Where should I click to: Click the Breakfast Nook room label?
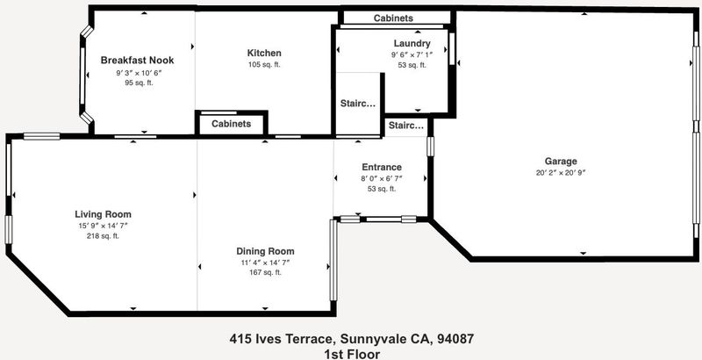137,60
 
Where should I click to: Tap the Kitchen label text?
264,53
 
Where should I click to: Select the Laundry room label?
412,43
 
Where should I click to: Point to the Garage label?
561,162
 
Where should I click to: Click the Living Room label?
103,214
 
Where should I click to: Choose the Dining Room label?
266,251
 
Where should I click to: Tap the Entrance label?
382,167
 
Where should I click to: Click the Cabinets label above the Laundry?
393,18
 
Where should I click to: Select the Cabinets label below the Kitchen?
232,124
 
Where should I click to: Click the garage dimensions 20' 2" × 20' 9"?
561,173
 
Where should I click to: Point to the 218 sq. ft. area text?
103,236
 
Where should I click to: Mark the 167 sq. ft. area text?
266,272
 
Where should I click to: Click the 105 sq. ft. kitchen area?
264,64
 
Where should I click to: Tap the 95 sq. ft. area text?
140,83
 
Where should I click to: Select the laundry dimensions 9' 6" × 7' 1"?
412,54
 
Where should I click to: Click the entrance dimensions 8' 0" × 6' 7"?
382,178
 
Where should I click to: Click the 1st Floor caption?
352,355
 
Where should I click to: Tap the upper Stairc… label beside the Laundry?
358,104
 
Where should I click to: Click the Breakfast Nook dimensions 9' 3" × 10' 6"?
139,72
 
